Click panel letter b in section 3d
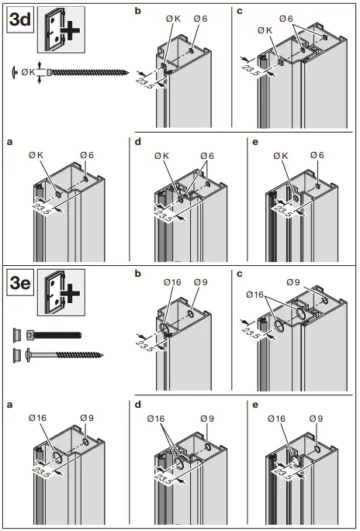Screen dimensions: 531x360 pyautogui.click(x=139, y=11)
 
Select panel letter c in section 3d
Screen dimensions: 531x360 pyautogui.click(x=239, y=11)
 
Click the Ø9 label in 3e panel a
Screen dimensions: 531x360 pyautogui.click(x=87, y=419)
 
